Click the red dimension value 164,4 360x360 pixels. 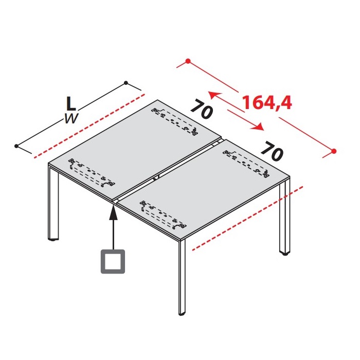point(267,102)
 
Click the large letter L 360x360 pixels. point(71,103)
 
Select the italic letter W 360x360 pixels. point(71,118)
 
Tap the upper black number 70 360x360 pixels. point(202,109)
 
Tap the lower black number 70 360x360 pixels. point(272,151)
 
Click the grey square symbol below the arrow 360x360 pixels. point(113,261)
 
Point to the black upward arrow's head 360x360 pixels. point(113,212)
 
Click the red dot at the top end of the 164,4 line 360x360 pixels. point(188,61)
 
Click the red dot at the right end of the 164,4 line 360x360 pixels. point(334,151)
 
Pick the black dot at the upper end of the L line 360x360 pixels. point(126,83)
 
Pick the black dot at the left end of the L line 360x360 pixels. point(16,146)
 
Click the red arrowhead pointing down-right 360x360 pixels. point(257,127)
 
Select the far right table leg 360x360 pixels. point(285,216)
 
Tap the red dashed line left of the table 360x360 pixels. point(89,126)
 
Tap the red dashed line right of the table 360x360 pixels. point(247,218)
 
